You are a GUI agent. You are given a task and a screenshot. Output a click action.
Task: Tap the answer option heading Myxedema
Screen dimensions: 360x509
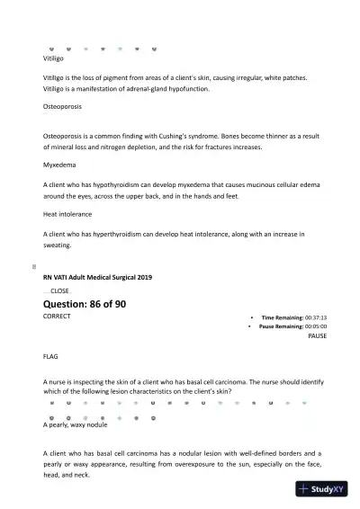(58, 165)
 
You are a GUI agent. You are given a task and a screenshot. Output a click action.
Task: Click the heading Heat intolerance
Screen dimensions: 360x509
(67, 214)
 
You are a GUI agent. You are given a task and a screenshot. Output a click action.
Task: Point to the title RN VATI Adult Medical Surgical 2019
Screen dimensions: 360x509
(97, 277)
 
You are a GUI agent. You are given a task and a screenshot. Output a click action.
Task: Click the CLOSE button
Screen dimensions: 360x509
(59, 291)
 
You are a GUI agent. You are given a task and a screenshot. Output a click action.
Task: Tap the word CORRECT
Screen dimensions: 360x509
(57, 317)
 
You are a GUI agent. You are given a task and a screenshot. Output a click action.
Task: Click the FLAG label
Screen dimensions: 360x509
(50, 356)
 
